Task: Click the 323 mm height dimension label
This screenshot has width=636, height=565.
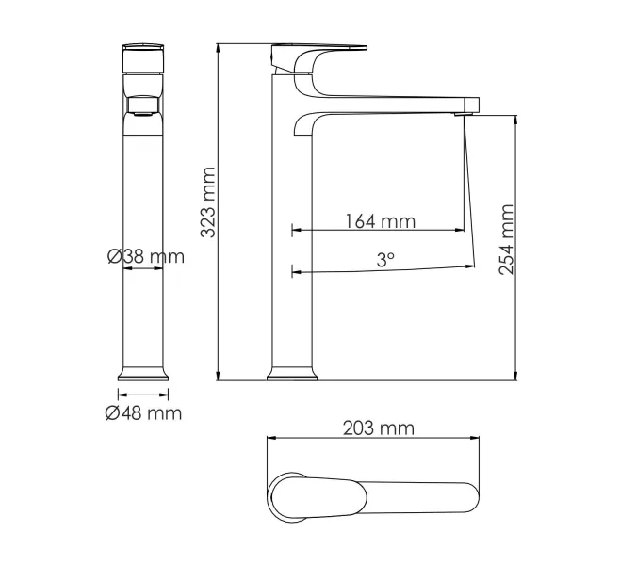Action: [208, 202]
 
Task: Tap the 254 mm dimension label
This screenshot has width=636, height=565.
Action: [506, 239]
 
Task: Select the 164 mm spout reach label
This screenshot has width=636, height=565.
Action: [381, 221]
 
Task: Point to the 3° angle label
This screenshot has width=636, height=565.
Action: [385, 259]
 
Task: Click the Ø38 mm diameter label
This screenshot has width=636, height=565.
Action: [146, 256]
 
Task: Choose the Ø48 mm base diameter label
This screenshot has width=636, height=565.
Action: [143, 413]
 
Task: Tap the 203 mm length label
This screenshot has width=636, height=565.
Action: [379, 428]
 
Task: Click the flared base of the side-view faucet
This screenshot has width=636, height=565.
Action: [292, 374]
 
